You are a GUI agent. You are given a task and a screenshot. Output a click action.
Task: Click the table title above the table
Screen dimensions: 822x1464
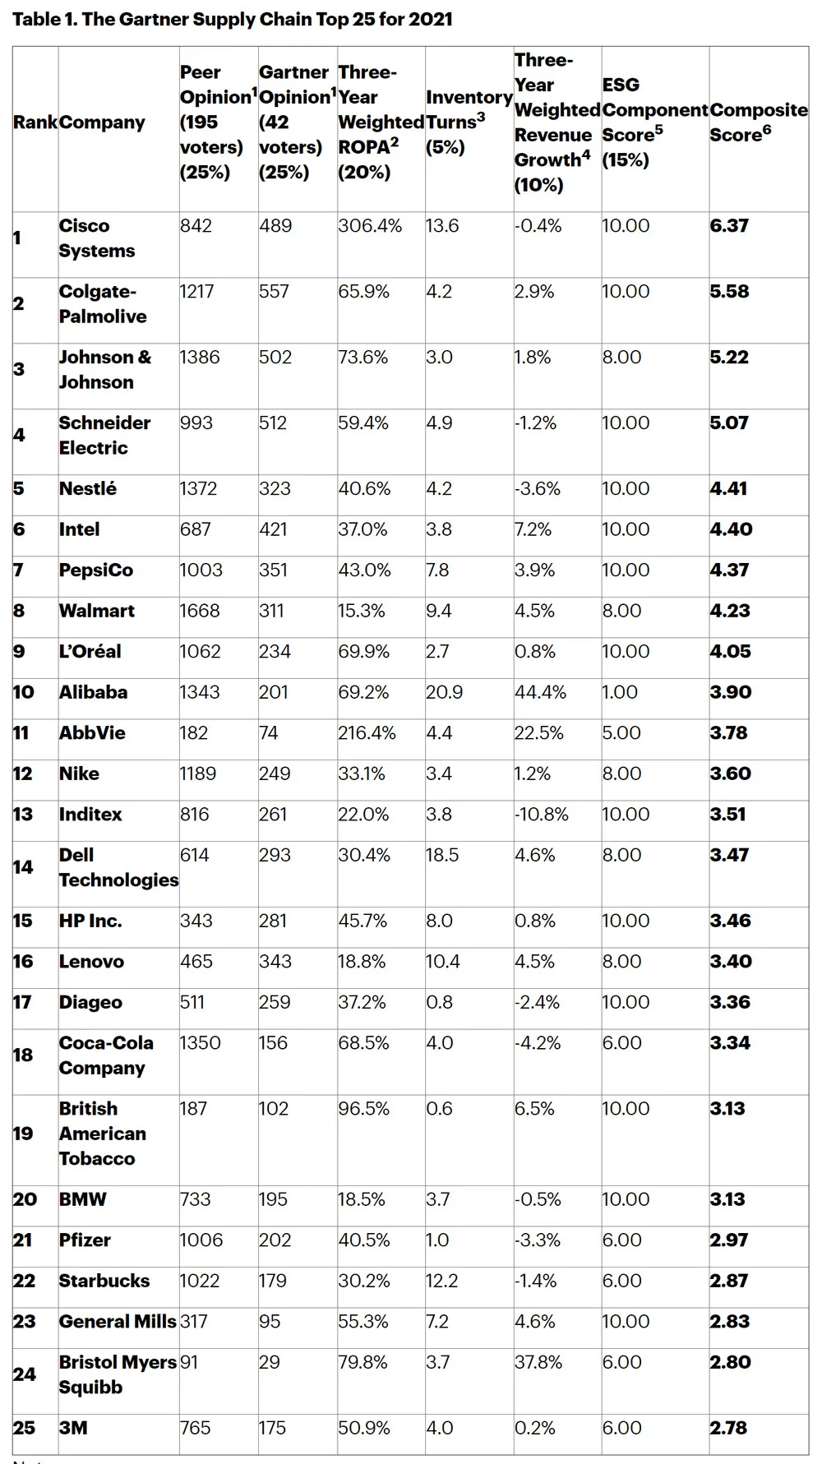click(x=233, y=19)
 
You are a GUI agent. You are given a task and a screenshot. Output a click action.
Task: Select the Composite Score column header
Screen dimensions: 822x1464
click(x=759, y=122)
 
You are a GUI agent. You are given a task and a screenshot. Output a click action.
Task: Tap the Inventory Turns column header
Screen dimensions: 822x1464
click(x=469, y=122)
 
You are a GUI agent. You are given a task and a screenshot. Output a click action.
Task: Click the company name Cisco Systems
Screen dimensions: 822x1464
click(x=96, y=238)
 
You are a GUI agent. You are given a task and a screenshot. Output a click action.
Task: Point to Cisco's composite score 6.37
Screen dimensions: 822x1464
click(x=729, y=226)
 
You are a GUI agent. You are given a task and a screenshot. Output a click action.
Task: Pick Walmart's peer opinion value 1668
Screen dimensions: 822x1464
click(x=200, y=611)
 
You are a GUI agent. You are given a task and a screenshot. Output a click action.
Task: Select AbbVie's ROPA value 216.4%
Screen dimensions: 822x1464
click(x=367, y=733)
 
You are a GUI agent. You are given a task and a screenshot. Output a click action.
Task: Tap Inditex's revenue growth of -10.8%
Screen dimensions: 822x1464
click(x=541, y=815)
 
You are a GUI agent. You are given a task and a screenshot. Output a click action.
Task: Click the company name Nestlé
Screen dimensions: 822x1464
click(x=88, y=489)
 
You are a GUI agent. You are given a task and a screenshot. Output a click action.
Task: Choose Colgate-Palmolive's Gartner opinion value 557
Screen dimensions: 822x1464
click(x=274, y=292)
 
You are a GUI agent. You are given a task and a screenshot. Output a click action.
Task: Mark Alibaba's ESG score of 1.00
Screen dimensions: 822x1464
click(x=620, y=692)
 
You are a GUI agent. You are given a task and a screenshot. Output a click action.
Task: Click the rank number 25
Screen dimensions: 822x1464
click(x=24, y=1428)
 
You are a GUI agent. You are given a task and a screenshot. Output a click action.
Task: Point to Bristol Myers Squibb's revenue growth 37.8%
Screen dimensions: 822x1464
click(x=538, y=1362)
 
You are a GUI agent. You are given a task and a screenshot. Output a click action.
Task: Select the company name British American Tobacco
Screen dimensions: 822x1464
click(x=103, y=1134)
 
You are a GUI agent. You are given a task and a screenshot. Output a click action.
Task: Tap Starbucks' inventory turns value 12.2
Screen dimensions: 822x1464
click(x=442, y=1281)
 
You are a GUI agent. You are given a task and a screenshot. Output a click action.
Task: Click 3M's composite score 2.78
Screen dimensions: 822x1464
click(x=728, y=1428)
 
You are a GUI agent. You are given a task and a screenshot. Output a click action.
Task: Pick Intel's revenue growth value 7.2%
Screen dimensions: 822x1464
click(x=533, y=529)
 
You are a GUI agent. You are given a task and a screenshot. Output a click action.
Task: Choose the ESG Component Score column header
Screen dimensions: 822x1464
click(x=655, y=122)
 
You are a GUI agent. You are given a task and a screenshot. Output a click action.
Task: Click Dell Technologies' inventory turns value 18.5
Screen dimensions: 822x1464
click(x=442, y=856)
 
